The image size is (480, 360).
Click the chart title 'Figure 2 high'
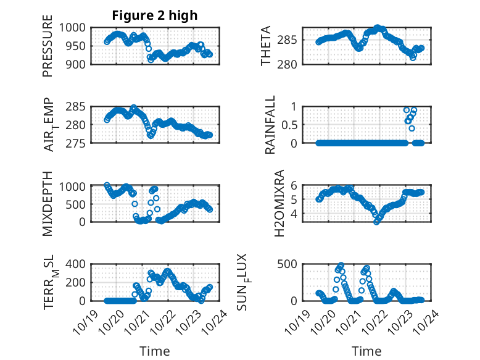[x=155, y=15]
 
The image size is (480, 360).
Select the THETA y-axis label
[x=266, y=46]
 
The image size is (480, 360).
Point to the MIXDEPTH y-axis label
[x=48, y=204]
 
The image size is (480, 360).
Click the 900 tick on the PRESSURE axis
[x=78, y=64]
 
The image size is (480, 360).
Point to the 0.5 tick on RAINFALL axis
[x=289, y=125]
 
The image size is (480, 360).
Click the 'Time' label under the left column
[x=155, y=351]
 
